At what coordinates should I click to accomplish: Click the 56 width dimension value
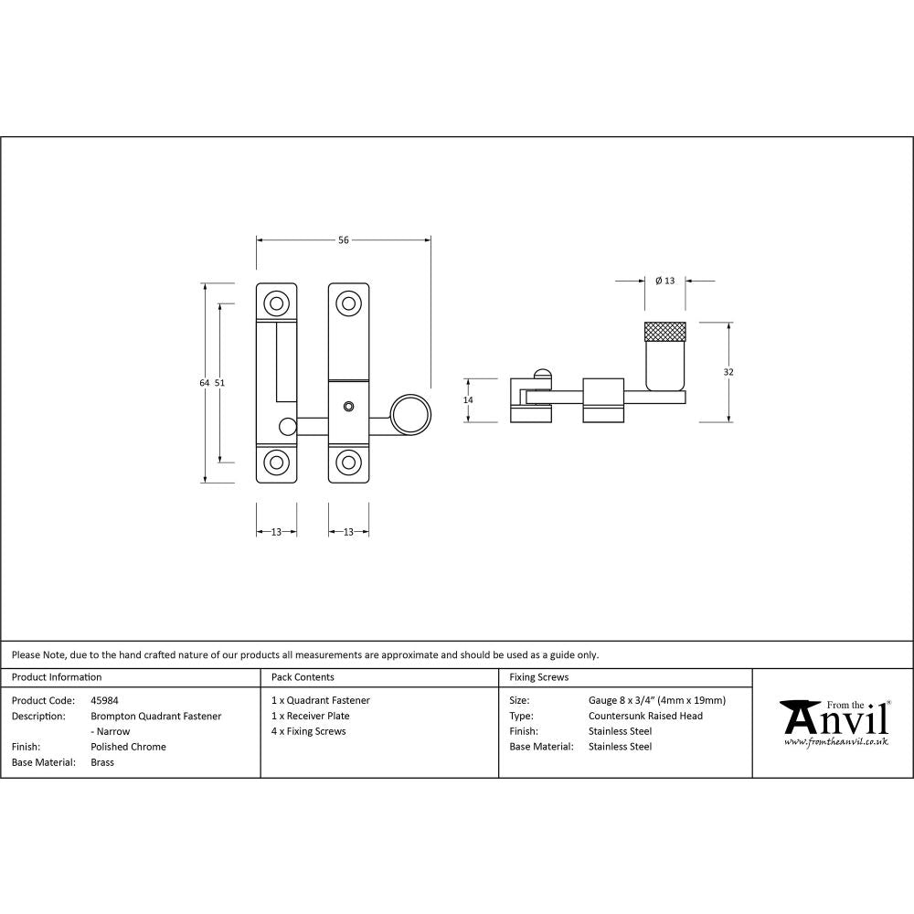(344, 240)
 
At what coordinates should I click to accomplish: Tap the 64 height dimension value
(205, 383)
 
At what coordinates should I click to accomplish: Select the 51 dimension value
(219, 383)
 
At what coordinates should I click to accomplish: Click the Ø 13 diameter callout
(664, 281)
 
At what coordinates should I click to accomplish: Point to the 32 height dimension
(728, 372)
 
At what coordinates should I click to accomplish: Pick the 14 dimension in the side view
(468, 399)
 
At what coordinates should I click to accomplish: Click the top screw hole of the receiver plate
(275, 303)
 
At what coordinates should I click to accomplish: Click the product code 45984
(105, 700)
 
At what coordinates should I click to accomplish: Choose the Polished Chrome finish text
(129, 747)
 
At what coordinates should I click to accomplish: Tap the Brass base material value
(102, 762)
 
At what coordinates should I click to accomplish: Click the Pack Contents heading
(303, 677)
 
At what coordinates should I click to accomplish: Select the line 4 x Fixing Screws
(309, 731)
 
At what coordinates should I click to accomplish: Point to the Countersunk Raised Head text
(645, 716)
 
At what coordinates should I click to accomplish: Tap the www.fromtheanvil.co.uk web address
(835, 741)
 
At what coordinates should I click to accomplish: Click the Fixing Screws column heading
(539, 677)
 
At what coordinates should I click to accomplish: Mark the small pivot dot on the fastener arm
(348, 406)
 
